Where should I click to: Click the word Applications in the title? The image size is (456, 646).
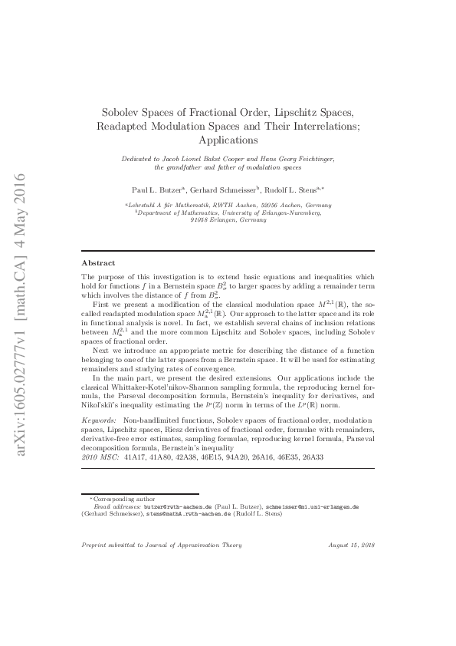coord(227,140)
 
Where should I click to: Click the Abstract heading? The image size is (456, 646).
coord(98,262)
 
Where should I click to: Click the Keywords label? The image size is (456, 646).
coord(99,421)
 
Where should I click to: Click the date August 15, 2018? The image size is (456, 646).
coord(351,545)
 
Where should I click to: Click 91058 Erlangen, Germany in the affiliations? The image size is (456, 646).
coord(228,219)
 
